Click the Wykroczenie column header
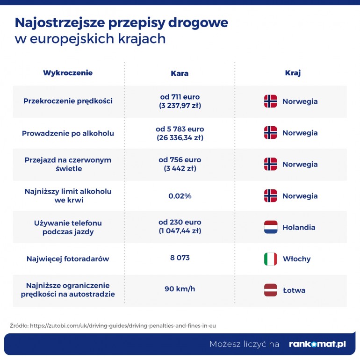tap(68, 73)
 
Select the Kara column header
tap(180, 73)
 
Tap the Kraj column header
tap(293, 73)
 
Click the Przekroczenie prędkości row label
tap(68, 101)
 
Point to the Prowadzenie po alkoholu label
tap(68, 133)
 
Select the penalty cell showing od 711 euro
tap(180, 101)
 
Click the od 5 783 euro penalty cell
tap(180, 133)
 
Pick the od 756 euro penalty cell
tap(180, 164)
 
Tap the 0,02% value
tap(180, 196)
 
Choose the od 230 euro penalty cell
tap(180, 227)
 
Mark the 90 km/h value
tap(180, 289)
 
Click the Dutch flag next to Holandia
tap(271, 228)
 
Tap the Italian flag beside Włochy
tap(271, 259)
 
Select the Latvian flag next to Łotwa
tap(271, 290)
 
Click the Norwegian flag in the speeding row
tap(271, 101)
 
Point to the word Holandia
tap(299, 228)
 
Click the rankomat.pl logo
tap(317, 344)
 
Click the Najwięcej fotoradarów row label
tap(68, 259)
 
